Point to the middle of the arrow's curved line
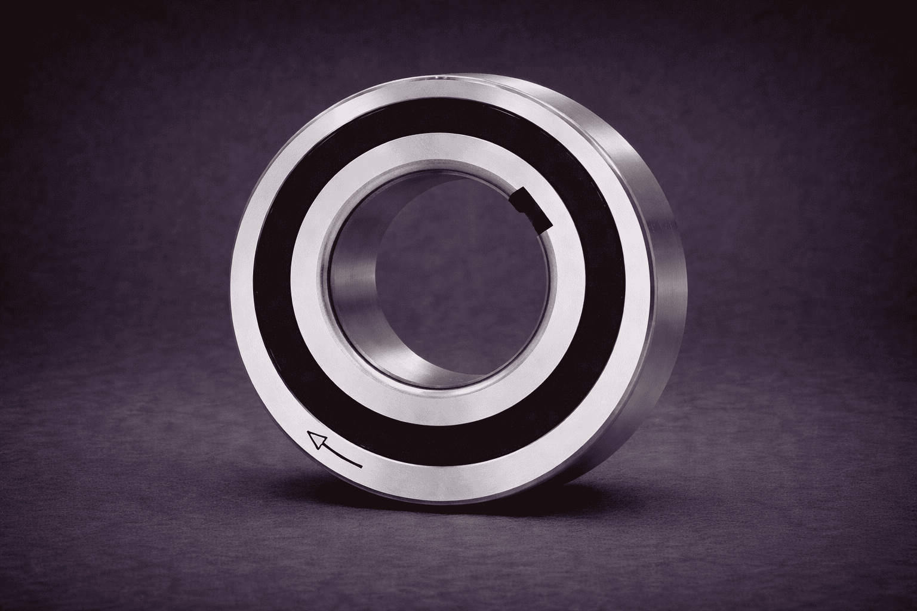pos(339,455)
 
